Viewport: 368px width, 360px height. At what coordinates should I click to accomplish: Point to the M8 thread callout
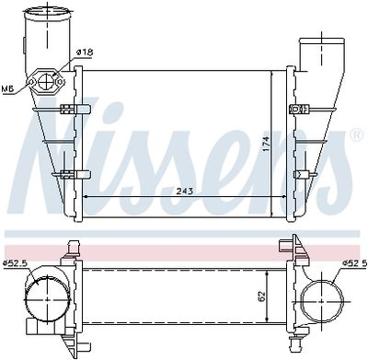pyautogui.click(x=6, y=88)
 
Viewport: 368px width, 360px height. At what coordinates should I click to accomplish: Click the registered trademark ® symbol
pyautogui.click(x=355, y=135)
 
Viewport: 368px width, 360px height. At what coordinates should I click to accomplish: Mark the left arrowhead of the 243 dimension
pyautogui.click(x=86, y=196)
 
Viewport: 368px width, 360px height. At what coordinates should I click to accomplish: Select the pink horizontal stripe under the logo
pyautogui.click(x=184, y=250)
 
